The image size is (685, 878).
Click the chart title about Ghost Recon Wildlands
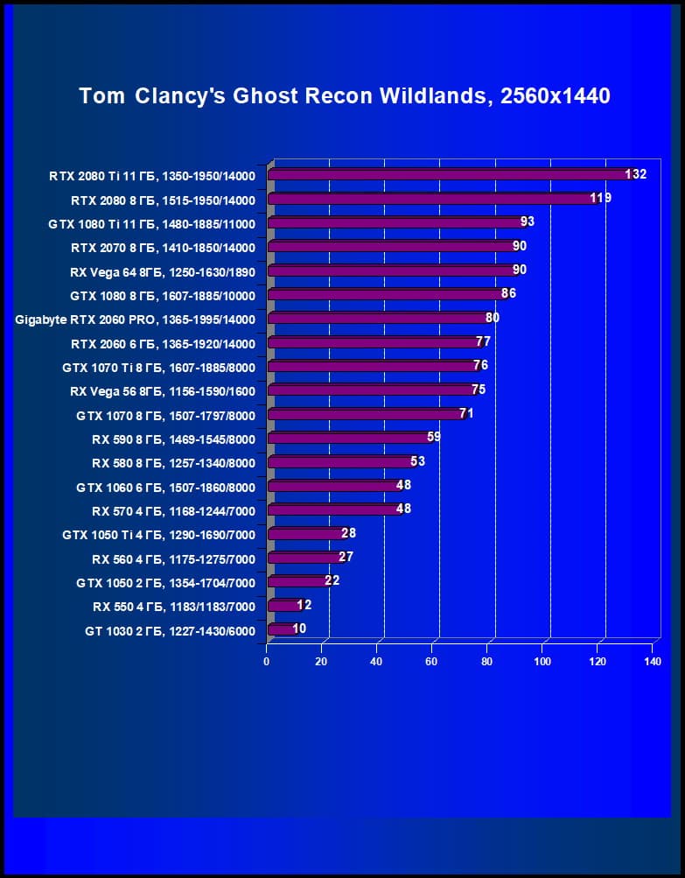[344, 95]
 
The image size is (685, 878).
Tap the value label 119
[600, 198]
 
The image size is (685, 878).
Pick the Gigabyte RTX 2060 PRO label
[136, 319]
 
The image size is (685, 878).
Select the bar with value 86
[385, 294]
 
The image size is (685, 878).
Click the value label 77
[483, 341]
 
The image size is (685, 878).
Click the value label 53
[417, 460]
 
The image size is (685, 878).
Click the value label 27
[346, 556]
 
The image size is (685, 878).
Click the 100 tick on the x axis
[542, 662]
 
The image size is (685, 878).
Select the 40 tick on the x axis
[376, 662]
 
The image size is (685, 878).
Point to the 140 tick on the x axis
[652, 662]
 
